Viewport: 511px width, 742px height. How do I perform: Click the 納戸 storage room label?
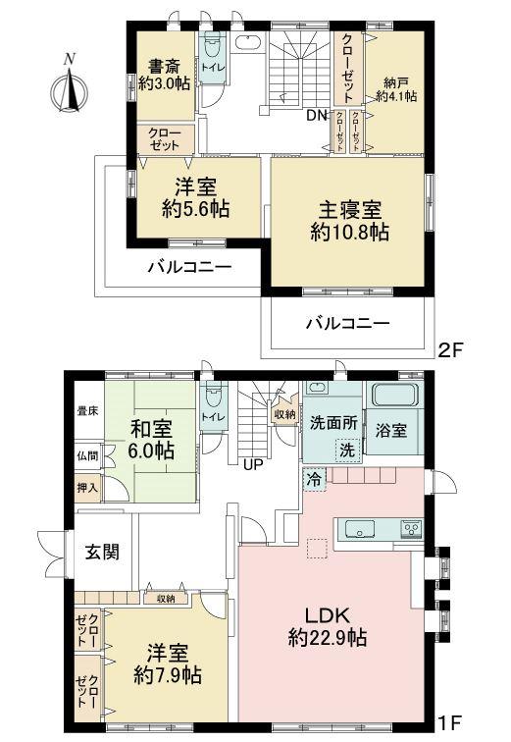click(x=395, y=83)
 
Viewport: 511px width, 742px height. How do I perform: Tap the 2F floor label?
click(x=449, y=348)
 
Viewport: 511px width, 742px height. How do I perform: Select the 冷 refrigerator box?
click(x=313, y=481)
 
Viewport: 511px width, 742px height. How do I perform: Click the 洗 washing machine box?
click(x=348, y=449)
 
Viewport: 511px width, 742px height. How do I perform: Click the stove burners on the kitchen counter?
click(x=411, y=529)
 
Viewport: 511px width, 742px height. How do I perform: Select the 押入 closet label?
click(x=85, y=486)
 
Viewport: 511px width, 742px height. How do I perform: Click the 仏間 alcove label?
click(x=85, y=455)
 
